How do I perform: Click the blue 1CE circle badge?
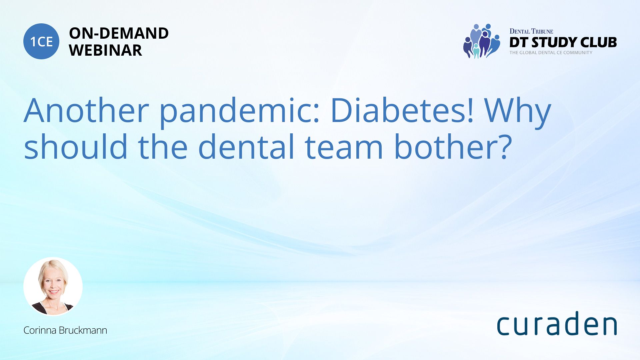coord(41,41)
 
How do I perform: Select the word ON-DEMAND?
coord(119,33)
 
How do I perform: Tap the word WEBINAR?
coord(105,50)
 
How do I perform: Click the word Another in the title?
coord(86,111)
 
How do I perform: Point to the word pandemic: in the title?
coord(240,112)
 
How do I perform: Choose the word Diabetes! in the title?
coord(402,111)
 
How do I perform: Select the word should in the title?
coord(76,146)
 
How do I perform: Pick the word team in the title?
coord(344,147)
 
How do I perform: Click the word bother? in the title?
coord(453,146)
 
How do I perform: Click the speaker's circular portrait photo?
coord(53,286)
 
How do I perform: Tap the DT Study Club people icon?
coord(482,41)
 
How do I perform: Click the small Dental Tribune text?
coord(531,31)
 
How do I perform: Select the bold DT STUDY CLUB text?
coord(563,42)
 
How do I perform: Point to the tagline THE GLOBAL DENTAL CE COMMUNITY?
coord(551,53)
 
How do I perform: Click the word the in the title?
coord(163,146)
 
